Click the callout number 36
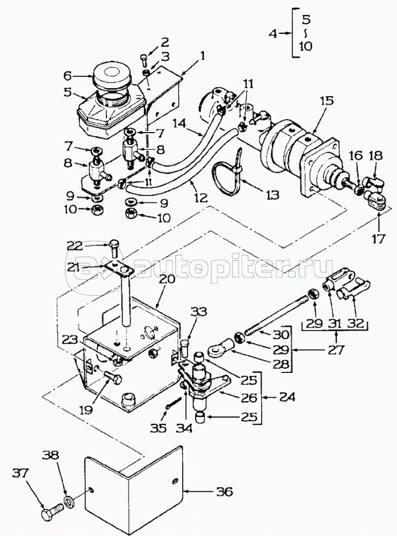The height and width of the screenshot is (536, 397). [224, 492]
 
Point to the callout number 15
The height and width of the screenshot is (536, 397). [328, 101]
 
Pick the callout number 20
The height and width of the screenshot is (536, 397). [167, 279]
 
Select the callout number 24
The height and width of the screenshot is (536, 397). [287, 397]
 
